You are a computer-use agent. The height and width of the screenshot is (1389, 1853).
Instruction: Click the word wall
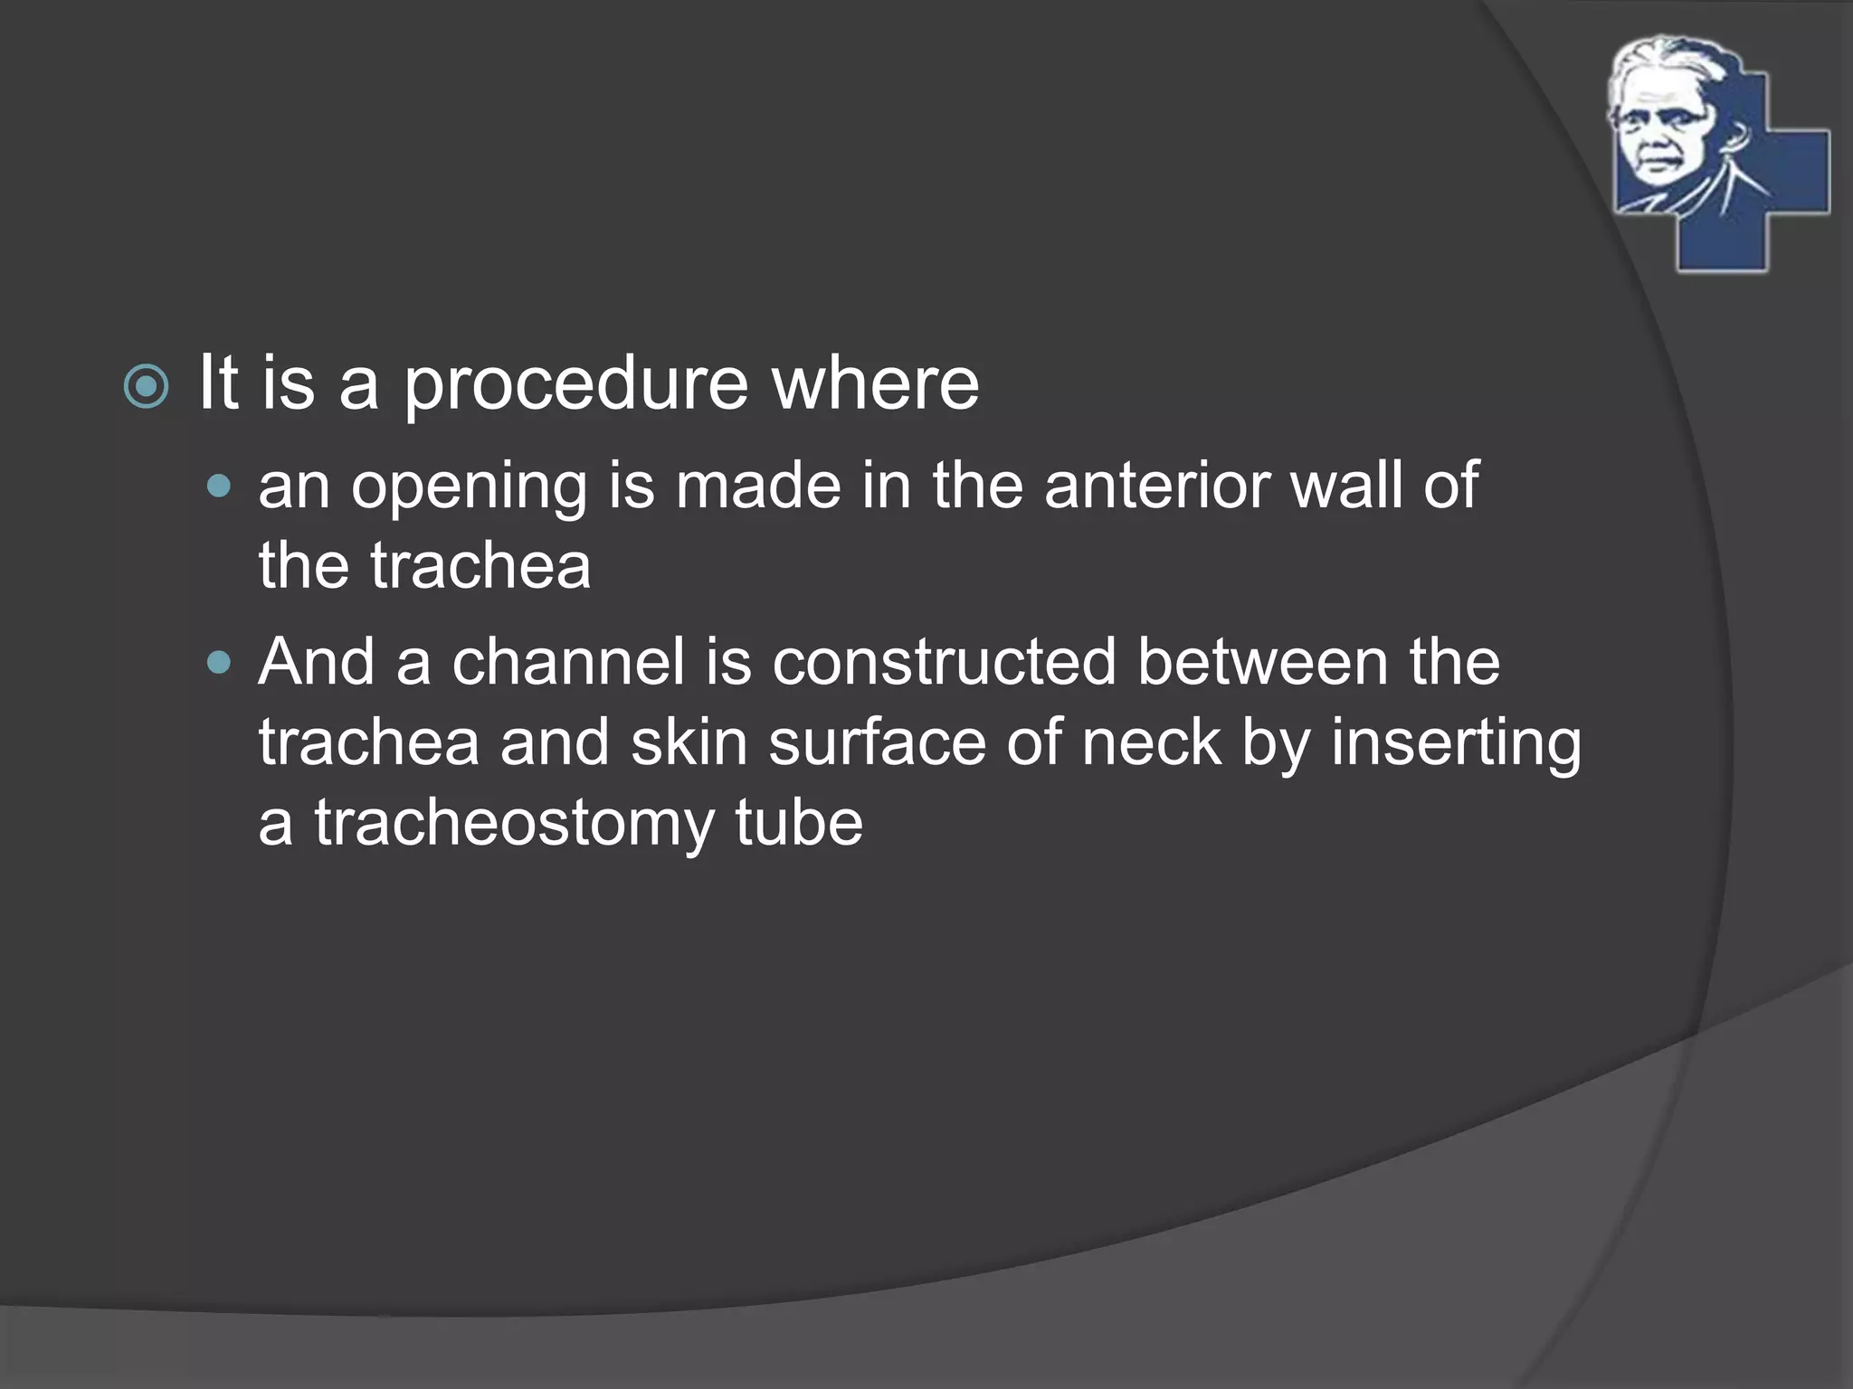click(1346, 486)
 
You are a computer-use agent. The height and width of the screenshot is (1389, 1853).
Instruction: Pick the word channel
click(568, 662)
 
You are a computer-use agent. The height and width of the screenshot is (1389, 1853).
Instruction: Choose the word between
click(1262, 662)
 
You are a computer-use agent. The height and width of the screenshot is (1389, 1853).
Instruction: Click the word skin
click(689, 742)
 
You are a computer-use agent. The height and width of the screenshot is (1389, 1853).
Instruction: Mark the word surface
click(877, 742)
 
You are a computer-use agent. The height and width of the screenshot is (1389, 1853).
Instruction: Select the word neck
click(1151, 742)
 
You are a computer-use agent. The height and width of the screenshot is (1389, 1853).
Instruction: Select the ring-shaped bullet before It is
click(146, 387)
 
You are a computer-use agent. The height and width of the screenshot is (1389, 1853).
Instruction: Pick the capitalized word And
click(315, 662)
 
